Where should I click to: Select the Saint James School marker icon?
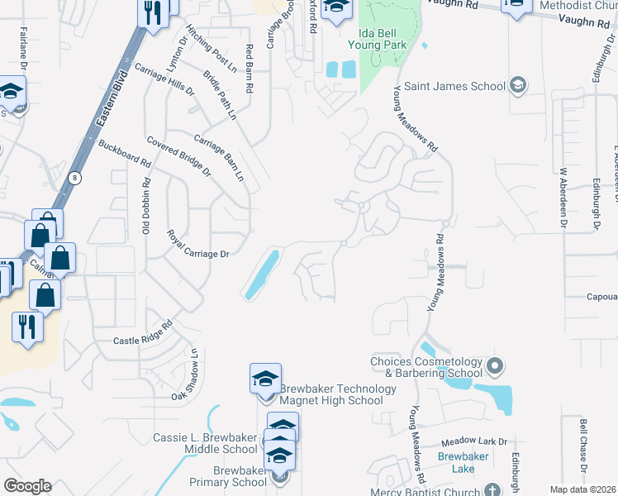pos(517,85)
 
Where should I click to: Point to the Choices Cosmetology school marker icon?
pos(495,365)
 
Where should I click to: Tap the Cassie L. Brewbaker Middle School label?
pos(205,443)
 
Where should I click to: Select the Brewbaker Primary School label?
pos(227,476)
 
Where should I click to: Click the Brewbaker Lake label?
pos(463,462)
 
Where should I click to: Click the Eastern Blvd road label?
pos(107,103)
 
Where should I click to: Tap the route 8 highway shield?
pos(75,178)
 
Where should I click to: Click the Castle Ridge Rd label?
pos(141,332)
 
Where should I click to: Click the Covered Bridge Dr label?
pos(178,156)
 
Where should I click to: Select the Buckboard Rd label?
pos(121,155)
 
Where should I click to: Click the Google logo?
pos(27,486)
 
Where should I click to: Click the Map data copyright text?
pos(582,489)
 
